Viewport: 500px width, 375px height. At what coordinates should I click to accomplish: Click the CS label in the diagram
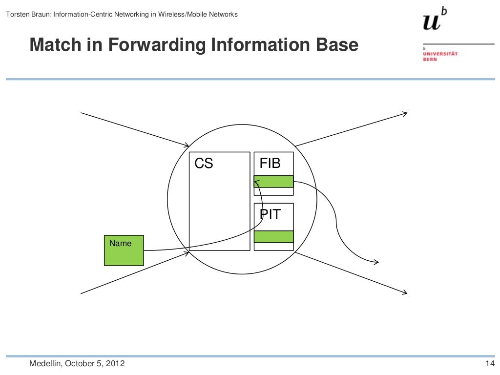coord(204,164)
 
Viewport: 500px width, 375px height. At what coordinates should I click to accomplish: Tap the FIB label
coord(270,163)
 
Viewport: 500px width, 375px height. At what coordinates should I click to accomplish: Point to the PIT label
coord(270,214)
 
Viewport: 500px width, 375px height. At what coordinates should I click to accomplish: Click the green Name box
coord(124,250)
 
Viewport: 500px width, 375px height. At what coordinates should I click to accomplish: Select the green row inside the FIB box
coord(273,182)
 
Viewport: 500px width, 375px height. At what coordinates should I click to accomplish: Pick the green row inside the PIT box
coord(273,237)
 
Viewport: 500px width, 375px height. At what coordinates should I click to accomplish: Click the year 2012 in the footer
coord(114,364)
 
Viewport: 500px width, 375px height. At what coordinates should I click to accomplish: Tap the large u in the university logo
coord(432,22)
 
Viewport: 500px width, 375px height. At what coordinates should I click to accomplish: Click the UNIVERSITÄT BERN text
coord(439,56)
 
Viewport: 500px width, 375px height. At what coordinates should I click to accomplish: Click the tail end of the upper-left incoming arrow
coord(81,113)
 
